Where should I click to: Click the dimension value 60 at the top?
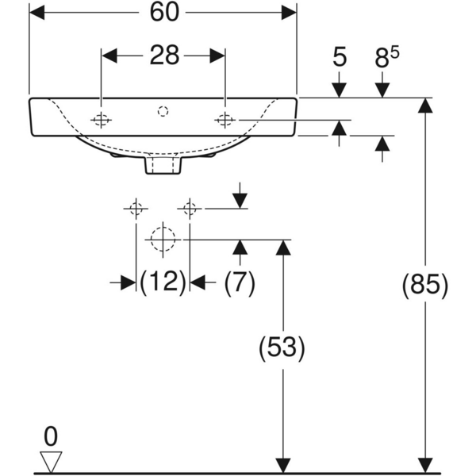(x=163, y=13)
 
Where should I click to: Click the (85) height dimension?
(x=426, y=284)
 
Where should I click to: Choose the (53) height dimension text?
(x=282, y=347)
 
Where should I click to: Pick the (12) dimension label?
(x=163, y=282)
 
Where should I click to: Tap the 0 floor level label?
(x=51, y=436)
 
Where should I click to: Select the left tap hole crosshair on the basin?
(x=101, y=120)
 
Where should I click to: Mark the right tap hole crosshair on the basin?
(x=225, y=120)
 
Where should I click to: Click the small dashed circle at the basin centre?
(x=163, y=110)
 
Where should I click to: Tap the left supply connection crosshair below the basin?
(x=135, y=209)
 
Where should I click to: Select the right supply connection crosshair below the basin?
(x=189, y=209)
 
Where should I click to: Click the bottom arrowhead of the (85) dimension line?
(x=426, y=463)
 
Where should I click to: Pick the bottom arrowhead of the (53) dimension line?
(x=282, y=463)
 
